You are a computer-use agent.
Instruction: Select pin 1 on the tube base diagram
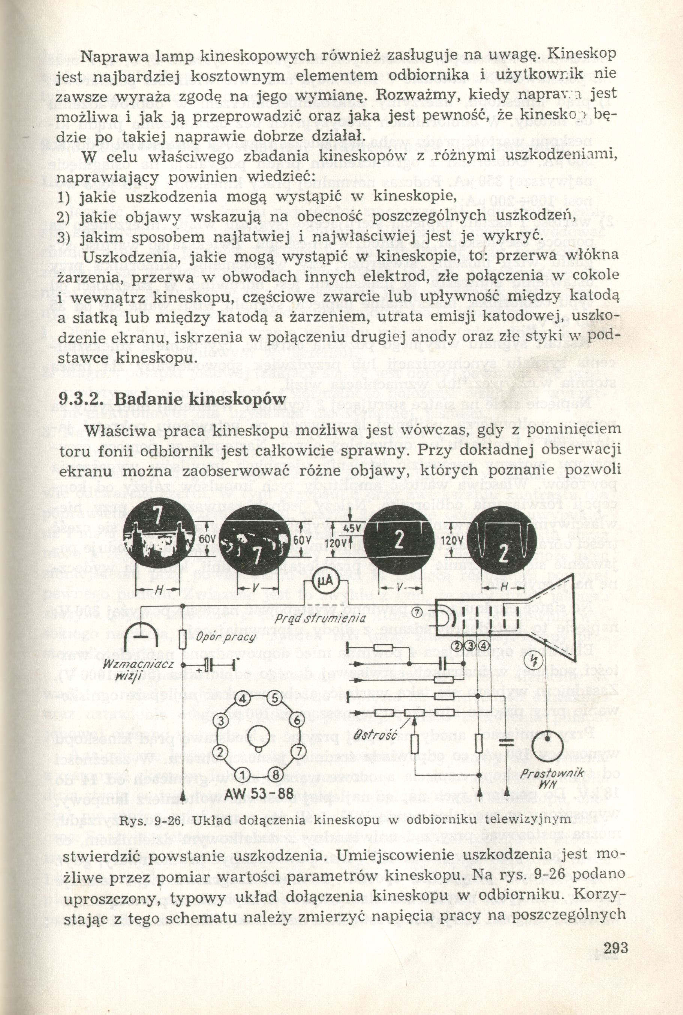coord(244,774)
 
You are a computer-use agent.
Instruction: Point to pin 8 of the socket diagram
coord(275,774)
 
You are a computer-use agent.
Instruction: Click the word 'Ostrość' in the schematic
coord(375,735)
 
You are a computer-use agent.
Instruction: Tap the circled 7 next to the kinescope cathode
coord(417,612)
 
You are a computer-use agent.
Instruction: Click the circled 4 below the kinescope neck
coord(485,645)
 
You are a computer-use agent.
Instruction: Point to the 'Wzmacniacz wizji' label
coord(132,671)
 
